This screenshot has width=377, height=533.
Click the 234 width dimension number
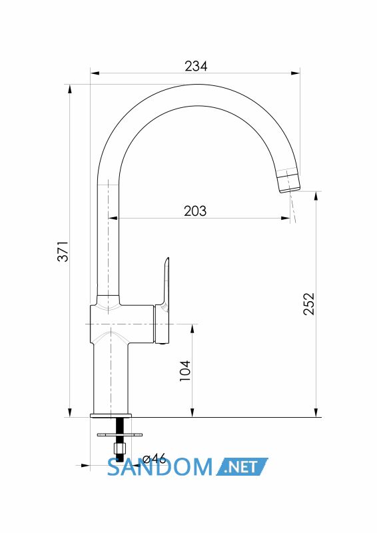(196, 66)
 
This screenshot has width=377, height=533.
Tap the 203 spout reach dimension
(195, 211)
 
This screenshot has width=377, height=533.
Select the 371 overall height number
(63, 251)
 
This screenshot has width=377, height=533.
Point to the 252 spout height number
(309, 304)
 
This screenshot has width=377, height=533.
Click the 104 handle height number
(185, 370)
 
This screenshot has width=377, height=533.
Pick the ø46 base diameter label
(154, 458)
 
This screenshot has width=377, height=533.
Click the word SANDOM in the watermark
(160, 467)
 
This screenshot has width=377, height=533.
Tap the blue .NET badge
(242, 467)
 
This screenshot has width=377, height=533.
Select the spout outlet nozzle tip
(289, 181)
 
